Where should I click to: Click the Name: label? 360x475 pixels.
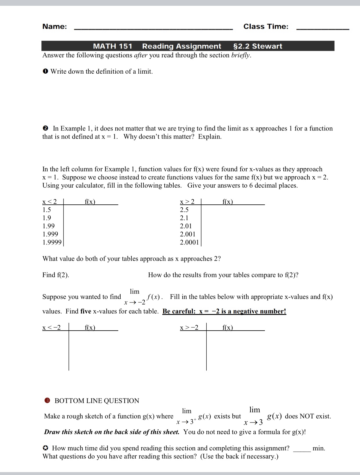coord(54,26)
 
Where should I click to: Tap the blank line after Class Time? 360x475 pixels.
coord(323,29)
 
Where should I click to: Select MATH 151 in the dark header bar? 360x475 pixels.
coord(112,46)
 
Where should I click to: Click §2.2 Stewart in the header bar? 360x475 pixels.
coord(257,46)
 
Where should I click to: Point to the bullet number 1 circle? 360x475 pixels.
coord(45,72)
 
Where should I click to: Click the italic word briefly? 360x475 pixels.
coord(240,55)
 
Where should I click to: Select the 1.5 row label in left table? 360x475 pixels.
coord(47,210)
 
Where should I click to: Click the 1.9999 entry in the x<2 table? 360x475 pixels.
coord(52,242)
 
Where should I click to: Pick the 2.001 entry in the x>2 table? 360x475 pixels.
coord(188,234)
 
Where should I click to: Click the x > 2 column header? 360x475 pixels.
coord(187,202)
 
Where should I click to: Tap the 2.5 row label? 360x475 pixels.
coord(184,210)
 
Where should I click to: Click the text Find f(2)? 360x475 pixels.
coord(56,275)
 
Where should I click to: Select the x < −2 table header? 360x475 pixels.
coord(52,328)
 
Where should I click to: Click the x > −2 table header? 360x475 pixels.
coord(189,328)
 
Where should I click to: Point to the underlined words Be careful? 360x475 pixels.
coord(179,311)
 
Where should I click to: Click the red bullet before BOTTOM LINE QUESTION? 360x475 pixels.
coord(47,400)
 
